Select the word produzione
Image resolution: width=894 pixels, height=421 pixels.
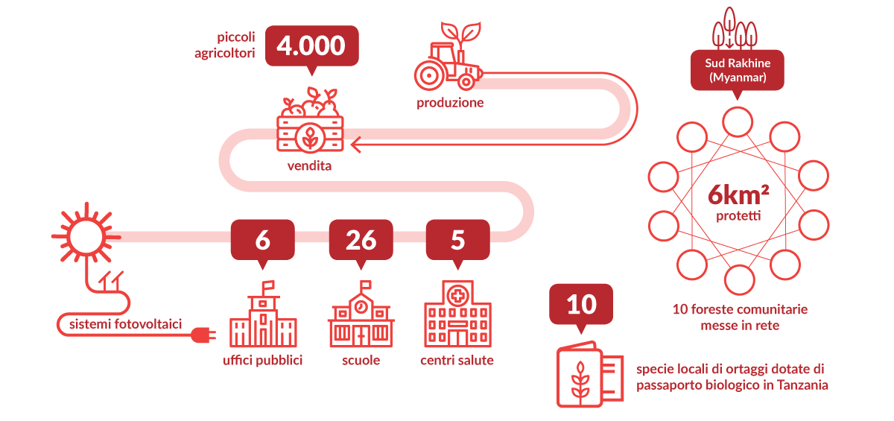450,103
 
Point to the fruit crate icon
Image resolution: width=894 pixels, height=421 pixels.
310,120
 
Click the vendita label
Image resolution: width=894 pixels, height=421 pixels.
309,165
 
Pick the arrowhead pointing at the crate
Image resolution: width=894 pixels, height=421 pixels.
356,145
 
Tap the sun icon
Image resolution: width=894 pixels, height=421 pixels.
86,236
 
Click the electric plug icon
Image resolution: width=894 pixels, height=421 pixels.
203,335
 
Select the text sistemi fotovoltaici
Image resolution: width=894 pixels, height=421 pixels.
125,324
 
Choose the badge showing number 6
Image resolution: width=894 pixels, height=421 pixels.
262,244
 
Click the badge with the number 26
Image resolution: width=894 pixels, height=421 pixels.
361,244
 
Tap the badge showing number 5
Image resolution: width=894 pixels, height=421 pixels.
457,244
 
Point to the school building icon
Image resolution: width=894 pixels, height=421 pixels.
361,314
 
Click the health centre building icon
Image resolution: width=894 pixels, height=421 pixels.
457,314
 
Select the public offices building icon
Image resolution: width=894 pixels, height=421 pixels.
263,314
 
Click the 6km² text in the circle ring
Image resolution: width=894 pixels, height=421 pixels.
738,195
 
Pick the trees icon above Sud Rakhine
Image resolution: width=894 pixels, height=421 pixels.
735,28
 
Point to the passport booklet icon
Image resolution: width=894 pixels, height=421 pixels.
590,374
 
